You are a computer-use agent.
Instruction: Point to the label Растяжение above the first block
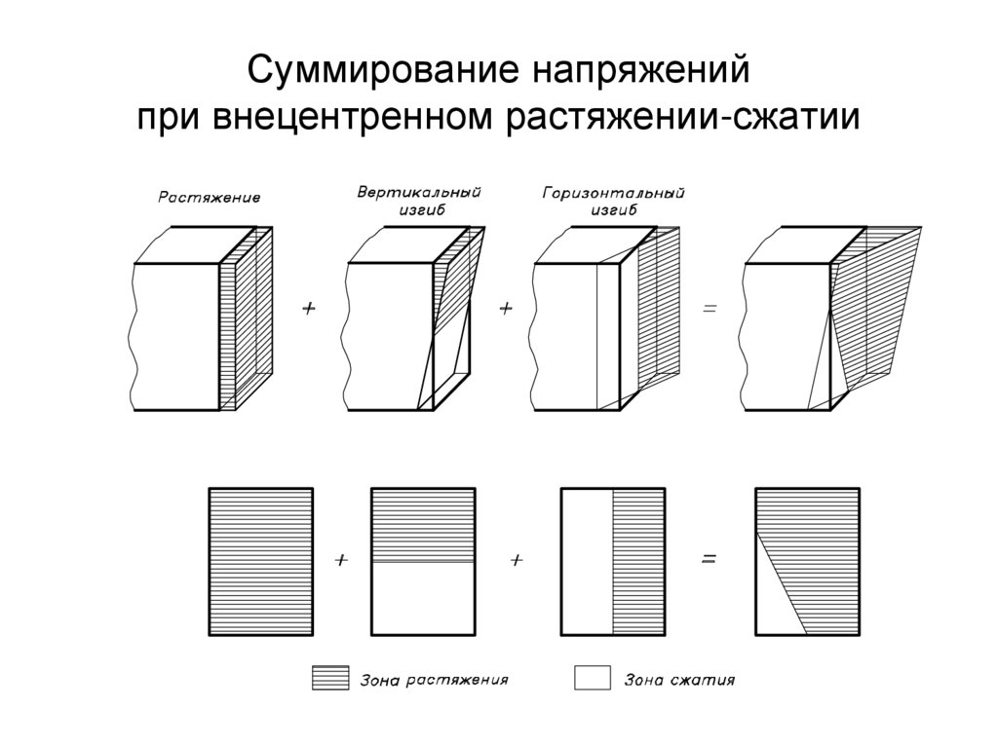(209, 198)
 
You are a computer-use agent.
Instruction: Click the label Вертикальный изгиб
(419, 202)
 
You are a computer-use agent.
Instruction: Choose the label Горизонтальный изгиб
(613, 202)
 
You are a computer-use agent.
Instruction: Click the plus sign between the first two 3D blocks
(310, 308)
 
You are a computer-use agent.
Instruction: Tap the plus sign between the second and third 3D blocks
(506, 308)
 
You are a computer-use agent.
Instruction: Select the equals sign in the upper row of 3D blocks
(710, 308)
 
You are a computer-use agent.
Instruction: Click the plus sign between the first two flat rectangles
(341, 560)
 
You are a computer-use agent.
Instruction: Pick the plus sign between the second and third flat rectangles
(517, 560)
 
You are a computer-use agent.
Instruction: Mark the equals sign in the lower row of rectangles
(710, 560)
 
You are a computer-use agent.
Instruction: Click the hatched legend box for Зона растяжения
(329, 679)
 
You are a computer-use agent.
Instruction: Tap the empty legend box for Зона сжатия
(592, 678)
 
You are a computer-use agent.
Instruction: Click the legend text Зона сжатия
(679, 680)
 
